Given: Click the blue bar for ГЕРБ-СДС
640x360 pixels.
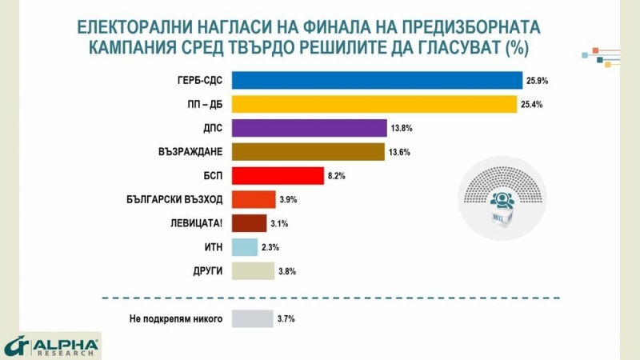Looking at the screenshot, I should pyautogui.click(x=377, y=80).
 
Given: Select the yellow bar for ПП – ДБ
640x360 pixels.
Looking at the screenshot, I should pyautogui.click(x=374, y=104).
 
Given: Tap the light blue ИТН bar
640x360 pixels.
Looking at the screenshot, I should pyautogui.click(x=245, y=247).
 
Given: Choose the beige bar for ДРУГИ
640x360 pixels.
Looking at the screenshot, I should pyautogui.click(x=253, y=271).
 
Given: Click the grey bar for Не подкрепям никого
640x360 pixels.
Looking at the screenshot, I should pyautogui.click(x=252, y=318).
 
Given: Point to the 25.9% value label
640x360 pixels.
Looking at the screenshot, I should pyautogui.click(x=537, y=81).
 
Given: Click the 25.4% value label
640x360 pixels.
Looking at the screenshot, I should pyautogui.click(x=533, y=105).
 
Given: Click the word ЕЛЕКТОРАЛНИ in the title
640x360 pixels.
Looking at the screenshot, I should pyautogui.click(x=137, y=27).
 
